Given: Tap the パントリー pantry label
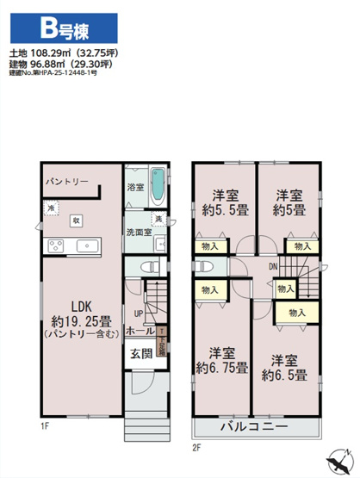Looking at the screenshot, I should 66,182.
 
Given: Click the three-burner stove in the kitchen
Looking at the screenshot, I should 56,246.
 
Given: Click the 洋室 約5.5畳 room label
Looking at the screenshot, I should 221,201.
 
